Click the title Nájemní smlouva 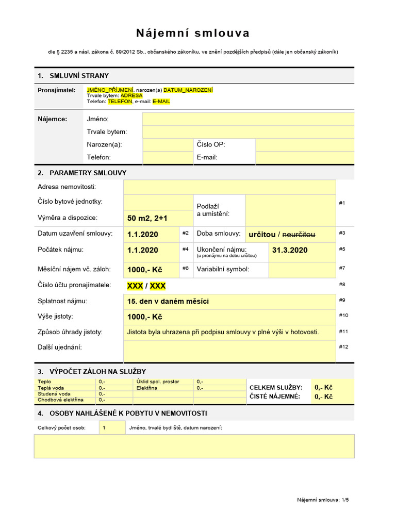pos(193,34)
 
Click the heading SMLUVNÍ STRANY pos(79,76)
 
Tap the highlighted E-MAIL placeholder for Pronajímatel pos(161,102)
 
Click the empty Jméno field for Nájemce pos(248,119)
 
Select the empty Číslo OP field pos(305,145)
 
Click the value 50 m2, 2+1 pos(147,218)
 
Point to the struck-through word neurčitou pos(299,235)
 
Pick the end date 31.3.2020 pos(289,250)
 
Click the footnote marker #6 pos(186,268)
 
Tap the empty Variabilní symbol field pos(302,269)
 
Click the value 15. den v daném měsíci pos(168,301)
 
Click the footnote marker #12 pos(343,346)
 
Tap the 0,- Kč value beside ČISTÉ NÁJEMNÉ pos(323,397)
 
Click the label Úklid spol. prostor pos(158,382)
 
